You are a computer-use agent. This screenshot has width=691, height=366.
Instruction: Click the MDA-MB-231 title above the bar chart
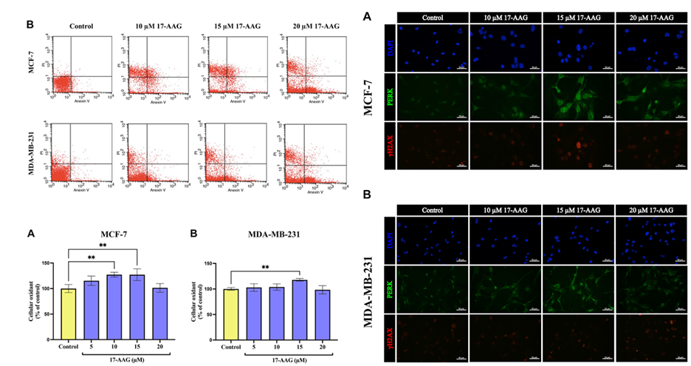pos(271,234)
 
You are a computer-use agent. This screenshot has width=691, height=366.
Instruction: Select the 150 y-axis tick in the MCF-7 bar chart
pos(46,263)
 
